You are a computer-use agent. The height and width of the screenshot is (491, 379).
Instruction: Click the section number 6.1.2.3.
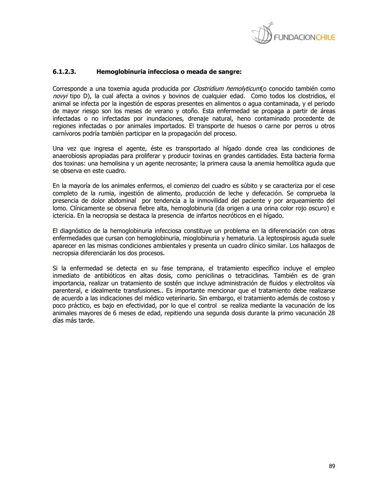(x=64, y=72)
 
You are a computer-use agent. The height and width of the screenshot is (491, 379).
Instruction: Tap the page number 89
(x=332, y=466)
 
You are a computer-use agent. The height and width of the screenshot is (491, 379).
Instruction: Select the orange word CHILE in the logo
(x=325, y=37)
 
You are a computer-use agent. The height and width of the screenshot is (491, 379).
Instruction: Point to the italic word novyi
(x=60, y=96)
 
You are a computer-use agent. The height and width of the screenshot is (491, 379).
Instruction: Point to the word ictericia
(x=64, y=216)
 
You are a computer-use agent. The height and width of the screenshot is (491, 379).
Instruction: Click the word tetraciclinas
(x=251, y=276)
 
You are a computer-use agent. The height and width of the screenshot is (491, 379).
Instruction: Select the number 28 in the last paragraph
(x=331, y=313)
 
